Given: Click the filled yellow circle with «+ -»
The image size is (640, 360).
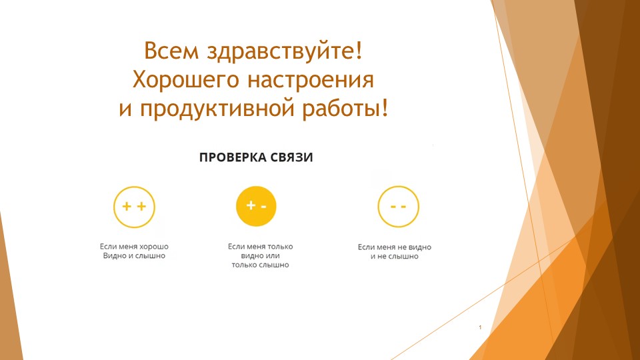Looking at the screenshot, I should [256, 206].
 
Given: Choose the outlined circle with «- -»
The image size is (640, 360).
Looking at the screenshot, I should [398, 206].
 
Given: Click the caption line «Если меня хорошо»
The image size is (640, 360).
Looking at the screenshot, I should [134, 246].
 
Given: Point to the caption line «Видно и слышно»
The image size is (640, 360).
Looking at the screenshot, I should [134, 255].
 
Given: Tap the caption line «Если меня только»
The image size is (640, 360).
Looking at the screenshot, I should [260, 246].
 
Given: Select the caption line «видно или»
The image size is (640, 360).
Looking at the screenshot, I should [260, 255].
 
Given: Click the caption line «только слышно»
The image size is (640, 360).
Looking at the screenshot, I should [260, 265].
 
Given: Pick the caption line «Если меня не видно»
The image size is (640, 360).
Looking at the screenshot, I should [395, 247].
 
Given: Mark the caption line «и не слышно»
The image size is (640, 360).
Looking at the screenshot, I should [395, 256].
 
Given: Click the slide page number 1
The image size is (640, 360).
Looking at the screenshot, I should [480, 328].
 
